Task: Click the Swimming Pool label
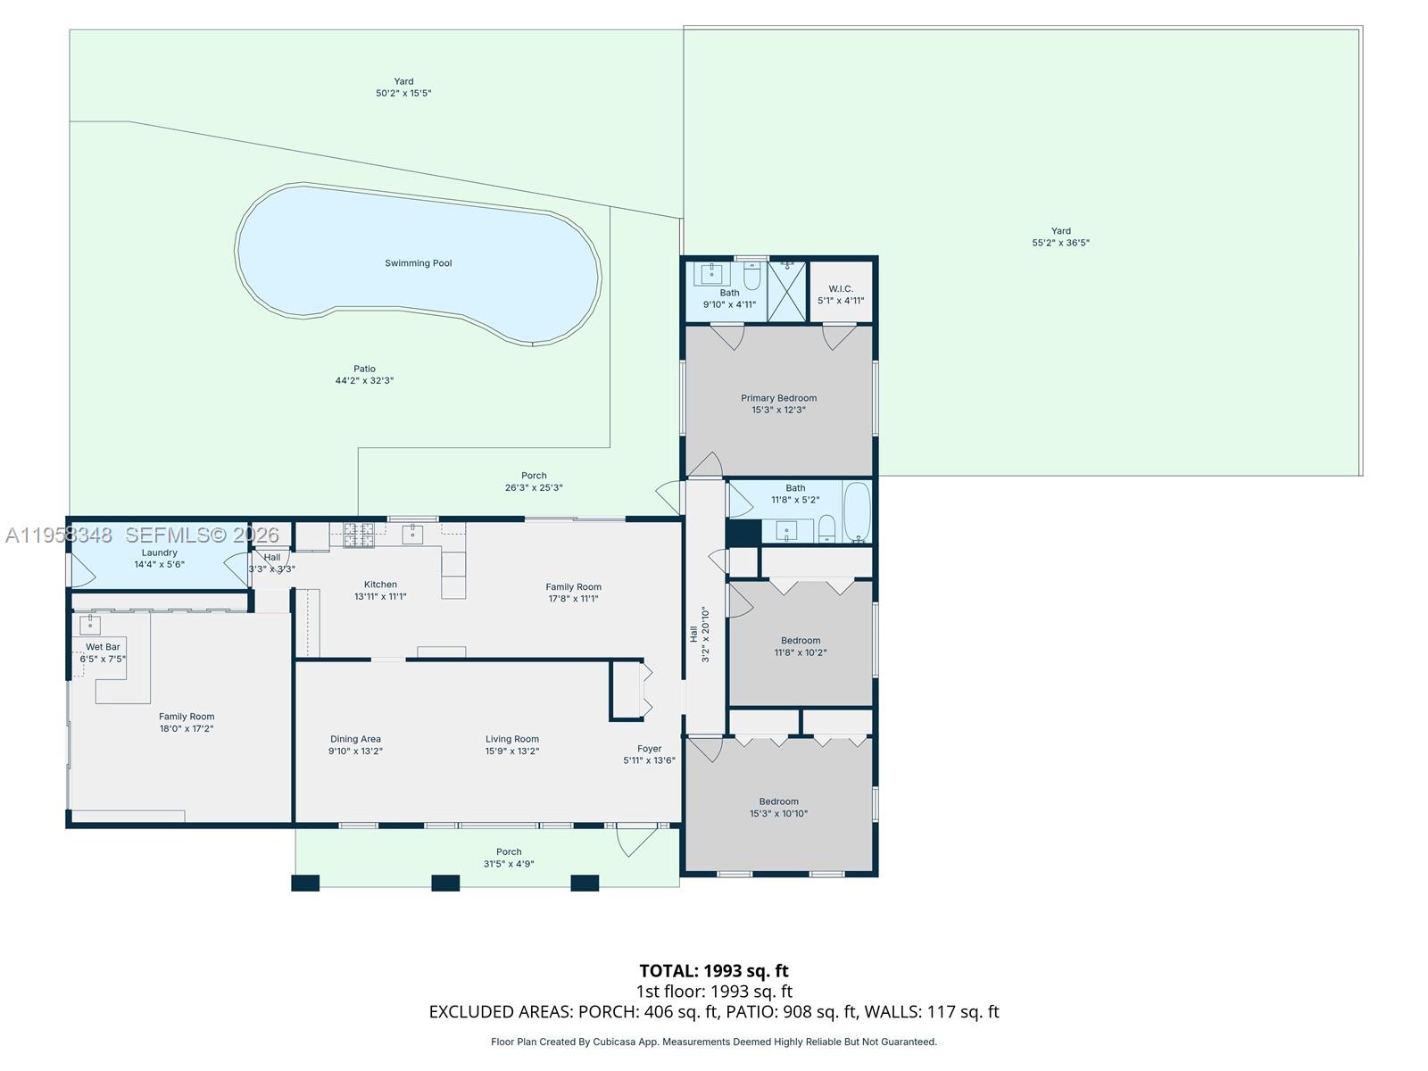[x=419, y=263]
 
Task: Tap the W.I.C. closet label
[x=841, y=288]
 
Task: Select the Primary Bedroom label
[x=779, y=398]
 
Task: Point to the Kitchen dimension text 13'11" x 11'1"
[x=380, y=596]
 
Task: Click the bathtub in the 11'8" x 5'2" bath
[x=857, y=511]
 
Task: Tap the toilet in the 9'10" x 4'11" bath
[x=751, y=276]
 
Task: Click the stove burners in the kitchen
[x=359, y=535]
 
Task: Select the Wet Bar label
[x=103, y=647]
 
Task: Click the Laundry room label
[x=160, y=552]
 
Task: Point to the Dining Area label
[x=355, y=739]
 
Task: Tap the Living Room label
[x=512, y=739]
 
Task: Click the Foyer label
[x=649, y=749]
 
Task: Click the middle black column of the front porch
[x=445, y=883]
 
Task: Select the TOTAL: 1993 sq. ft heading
[x=714, y=971]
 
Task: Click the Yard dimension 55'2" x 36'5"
[x=1060, y=243]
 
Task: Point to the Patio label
[x=364, y=369]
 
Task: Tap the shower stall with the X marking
[x=787, y=291]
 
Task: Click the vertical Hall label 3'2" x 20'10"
[x=700, y=634]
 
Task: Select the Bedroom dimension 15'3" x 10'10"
[x=779, y=813]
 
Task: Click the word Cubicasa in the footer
[x=614, y=1042]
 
